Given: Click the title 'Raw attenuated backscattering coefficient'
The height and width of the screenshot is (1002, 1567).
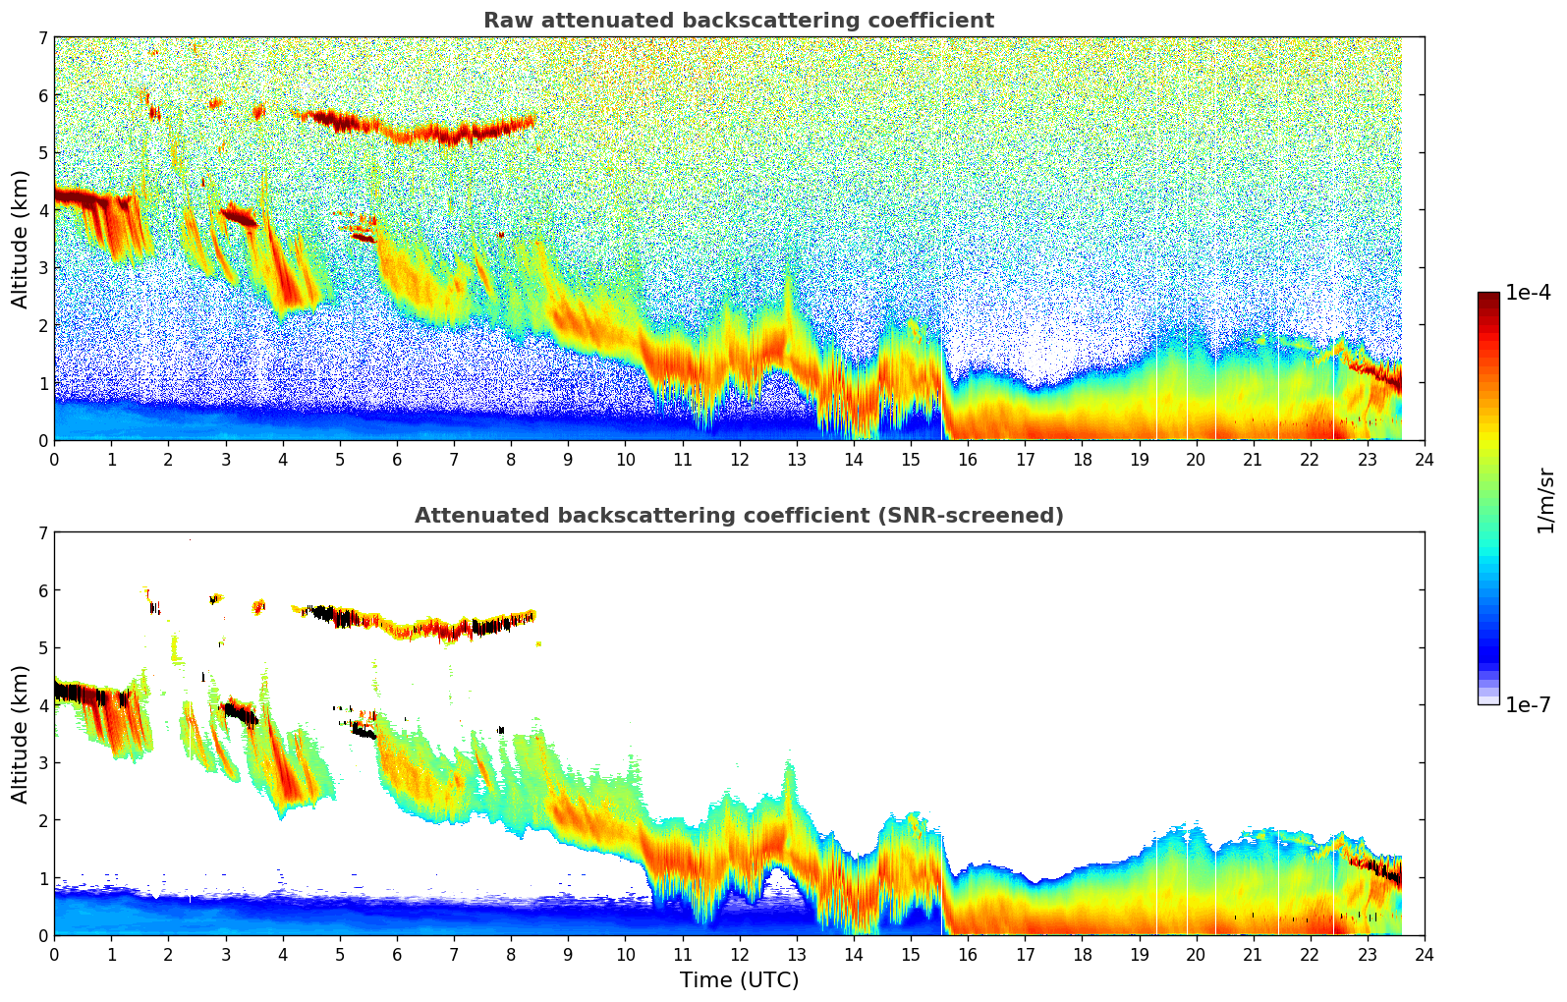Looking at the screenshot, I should click(x=739, y=21).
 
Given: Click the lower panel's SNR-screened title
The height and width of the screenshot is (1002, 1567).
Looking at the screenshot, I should click(x=739, y=516).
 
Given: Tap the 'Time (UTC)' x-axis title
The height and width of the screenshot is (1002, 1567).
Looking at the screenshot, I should click(x=739, y=980).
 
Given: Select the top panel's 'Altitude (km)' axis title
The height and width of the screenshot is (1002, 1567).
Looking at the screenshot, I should click(x=20, y=239).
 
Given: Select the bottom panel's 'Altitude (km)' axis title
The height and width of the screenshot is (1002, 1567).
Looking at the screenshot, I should click(x=20, y=734).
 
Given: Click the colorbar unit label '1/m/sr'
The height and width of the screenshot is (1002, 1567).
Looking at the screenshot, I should click(x=1545, y=500).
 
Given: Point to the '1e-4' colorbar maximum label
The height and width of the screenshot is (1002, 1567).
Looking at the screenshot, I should click(x=1528, y=293).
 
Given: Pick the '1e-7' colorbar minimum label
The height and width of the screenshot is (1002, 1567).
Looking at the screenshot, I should click(x=1528, y=704).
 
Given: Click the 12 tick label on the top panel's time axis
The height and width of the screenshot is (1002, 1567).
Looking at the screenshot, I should click(x=739, y=460).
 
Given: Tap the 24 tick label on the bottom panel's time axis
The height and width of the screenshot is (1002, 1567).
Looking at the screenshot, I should click(x=1425, y=955).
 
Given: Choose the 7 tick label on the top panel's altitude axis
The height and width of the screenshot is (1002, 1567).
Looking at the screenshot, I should click(x=42, y=38).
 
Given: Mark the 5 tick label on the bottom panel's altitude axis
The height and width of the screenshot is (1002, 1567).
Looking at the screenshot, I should click(x=42, y=648).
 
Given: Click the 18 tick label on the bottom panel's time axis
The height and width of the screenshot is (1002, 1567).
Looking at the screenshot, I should click(x=1082, y=955).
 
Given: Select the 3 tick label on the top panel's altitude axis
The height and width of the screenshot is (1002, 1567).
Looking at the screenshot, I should click(x=42, y=268).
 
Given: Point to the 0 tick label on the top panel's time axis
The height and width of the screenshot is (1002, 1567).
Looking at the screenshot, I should click(x=54, y=460).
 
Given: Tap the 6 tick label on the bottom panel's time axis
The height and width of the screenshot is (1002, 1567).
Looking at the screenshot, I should click(x=397, y=955).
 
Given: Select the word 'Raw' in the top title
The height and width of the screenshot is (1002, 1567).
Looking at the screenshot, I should click(x=503, y=21).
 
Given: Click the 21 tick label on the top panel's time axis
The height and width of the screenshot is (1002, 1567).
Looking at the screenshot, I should click(x=1253, y=460).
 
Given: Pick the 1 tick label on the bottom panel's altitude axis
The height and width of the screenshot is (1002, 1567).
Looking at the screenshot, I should click(x=42, y=878).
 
